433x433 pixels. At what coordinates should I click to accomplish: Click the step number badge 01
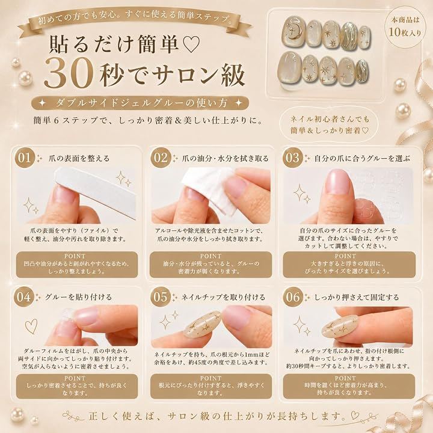pos(24,158)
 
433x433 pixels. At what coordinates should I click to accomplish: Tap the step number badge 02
pos(161,158)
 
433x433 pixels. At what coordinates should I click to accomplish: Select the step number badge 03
pos(293,158)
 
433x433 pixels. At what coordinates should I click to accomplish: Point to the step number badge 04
pos(24,297)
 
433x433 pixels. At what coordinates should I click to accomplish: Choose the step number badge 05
pos(161,297)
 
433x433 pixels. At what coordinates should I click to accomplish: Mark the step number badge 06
pos(293,297)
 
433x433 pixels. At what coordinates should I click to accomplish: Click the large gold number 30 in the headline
pos(68,75)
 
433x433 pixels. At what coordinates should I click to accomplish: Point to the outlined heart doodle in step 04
pos(31,326)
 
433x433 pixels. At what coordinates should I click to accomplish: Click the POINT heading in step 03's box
pos(345,256)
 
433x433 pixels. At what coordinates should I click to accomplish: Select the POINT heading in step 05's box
pos(210,378)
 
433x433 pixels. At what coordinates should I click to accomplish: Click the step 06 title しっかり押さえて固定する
pos(357,297)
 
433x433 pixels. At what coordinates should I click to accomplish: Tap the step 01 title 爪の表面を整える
pos(79,158)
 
